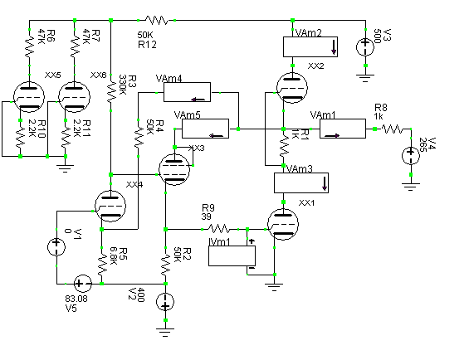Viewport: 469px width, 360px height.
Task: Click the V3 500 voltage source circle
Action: point(365,47)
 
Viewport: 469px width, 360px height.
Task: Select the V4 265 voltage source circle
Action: point(411,156)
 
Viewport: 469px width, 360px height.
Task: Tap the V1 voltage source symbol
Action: point(56,247)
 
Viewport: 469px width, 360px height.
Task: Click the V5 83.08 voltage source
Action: point(83,284)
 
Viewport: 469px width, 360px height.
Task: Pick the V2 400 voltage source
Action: point(165,302)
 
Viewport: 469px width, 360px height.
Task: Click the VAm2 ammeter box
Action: point(310,47)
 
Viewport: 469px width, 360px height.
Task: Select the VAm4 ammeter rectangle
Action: point(188,92)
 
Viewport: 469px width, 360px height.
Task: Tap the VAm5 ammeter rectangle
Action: point(206,129)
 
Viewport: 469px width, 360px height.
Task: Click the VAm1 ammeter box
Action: point(343,129)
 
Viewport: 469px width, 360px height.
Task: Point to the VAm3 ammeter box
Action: point(301,182)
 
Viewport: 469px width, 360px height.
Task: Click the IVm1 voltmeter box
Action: point(232,255)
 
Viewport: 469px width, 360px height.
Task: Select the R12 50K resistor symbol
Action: point(157,21)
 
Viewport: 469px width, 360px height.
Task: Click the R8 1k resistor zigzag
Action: point(392,129)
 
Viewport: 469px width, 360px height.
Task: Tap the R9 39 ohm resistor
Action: point(219,229)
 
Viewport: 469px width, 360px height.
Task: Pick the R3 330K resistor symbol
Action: point(111,91)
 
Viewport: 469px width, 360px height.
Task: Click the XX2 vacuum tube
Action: point(292,88)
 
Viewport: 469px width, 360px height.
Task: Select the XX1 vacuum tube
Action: point(283,224)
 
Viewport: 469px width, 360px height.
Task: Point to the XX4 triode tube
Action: point(110,206)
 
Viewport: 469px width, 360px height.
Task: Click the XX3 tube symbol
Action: point(174,169)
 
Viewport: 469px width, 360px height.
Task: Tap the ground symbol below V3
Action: point(365,78)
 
